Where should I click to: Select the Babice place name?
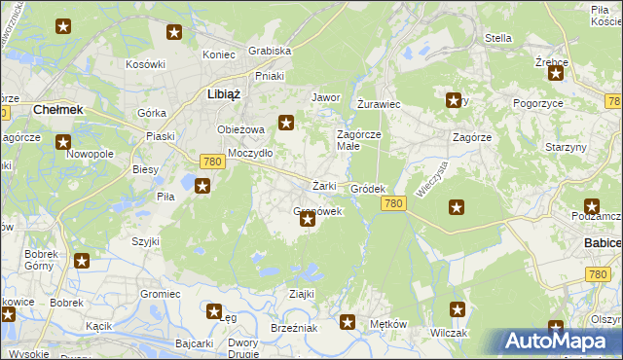coord(603,242)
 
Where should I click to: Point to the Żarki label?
coord(324,186)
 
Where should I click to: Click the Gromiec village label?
coord(161,293)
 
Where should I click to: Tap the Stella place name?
coord(497,38)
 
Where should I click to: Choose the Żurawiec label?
coord(379,103)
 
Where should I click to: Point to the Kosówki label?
coord(146,64)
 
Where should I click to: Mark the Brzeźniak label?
coord(295,329)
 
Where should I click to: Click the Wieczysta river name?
coord(428,179)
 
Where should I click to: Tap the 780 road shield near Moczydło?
coord(213,162)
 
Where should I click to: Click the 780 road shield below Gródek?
coord(393,202)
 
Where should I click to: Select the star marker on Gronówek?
coord(308,220)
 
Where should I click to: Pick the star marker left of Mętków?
coord(348,322)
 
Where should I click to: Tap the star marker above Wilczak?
coord(458,309)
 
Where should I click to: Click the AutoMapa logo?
coord(561,341)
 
